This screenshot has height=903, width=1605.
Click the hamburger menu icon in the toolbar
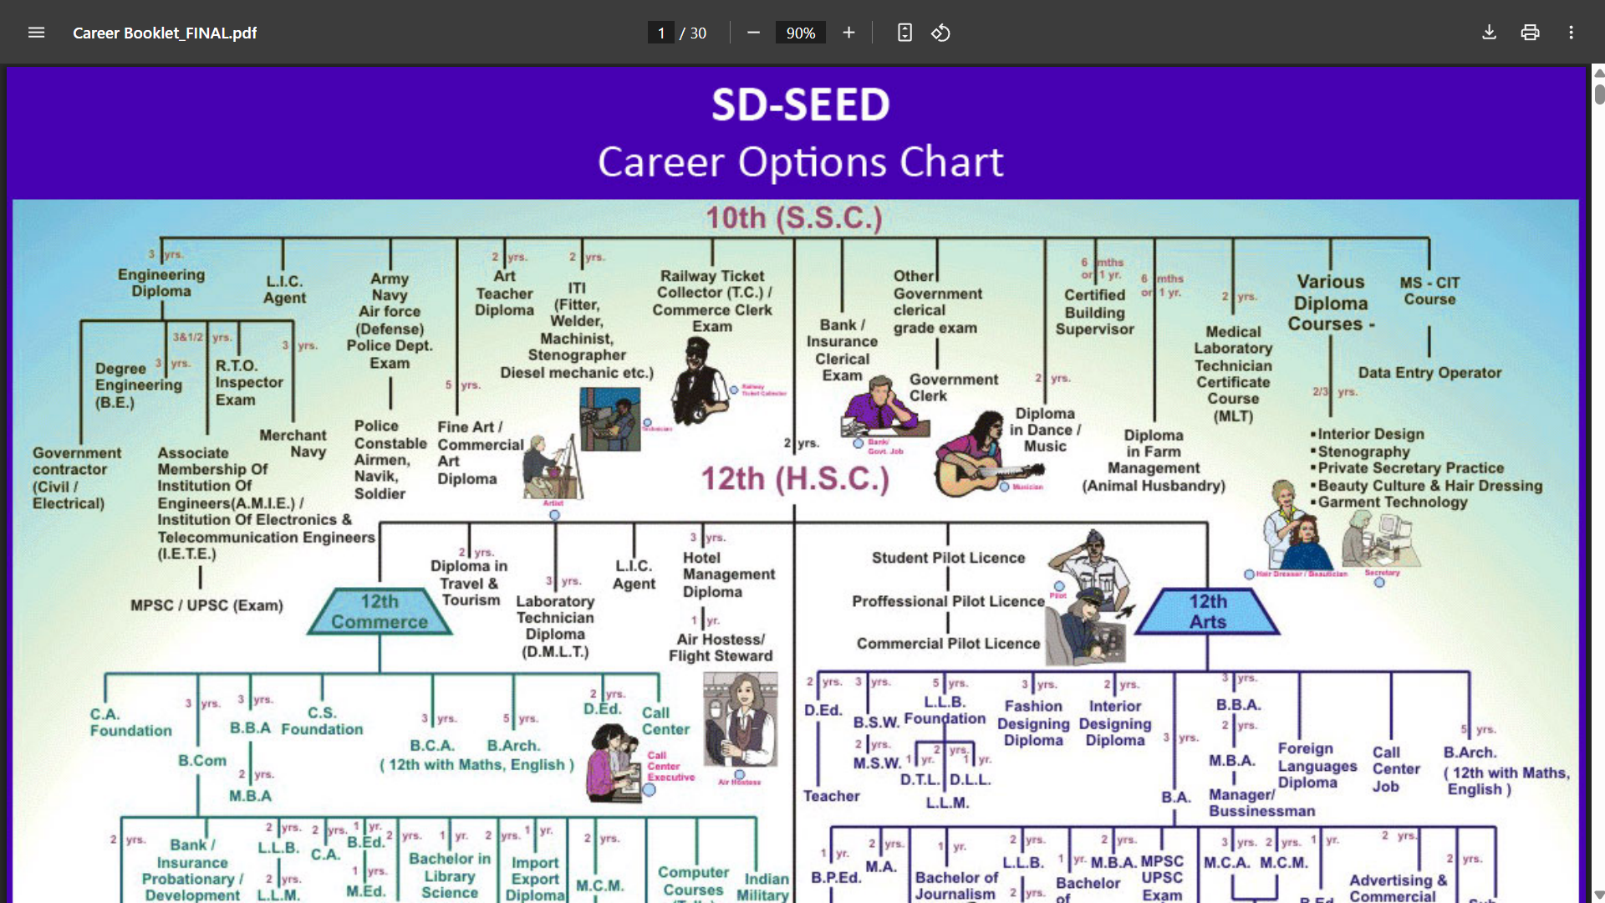tap(36, 33)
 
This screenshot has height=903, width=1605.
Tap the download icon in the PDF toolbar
tap(1489, 33)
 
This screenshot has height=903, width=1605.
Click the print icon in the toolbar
tap(1530, 33)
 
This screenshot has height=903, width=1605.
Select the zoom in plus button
tap(848, 33)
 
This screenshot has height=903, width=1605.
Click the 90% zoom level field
tap(800, 33)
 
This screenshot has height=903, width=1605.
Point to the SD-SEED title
tap(800, 105)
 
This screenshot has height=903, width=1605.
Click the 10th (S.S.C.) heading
tap(793, 218)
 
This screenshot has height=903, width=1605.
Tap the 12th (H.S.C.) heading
tap(794, 479)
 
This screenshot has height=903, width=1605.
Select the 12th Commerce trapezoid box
tap(380, 612)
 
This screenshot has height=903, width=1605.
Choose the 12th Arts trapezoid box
tap(1208, 612)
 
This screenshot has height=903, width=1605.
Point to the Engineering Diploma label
tap(161, 283)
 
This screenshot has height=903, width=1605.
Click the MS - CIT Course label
tap(1429, 291)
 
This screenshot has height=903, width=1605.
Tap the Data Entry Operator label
tap(1429, 373)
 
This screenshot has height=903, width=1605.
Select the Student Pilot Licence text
tap(948, 558)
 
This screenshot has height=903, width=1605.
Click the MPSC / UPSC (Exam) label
tap(206, 605)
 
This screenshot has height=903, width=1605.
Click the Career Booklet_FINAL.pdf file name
tap(165, 33)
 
